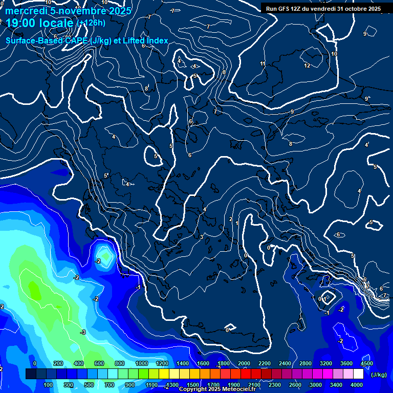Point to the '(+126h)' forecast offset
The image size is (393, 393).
[91, 23]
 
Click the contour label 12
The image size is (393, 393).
[307, 66]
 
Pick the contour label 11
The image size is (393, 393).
[263, 64]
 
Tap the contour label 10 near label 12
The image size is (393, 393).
[334, 54]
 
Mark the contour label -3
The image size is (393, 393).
[83, 333]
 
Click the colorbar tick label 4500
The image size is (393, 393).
[366, 363]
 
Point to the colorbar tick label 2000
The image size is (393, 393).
[244, 363]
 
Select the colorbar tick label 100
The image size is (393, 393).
[48, 385]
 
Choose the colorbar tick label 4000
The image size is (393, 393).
[357, 385]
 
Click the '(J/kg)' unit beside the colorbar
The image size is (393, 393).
[379, 375]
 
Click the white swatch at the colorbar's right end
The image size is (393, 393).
[358, 375]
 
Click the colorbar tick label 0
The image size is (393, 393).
[35, 363]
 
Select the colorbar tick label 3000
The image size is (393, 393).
[316, 385]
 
